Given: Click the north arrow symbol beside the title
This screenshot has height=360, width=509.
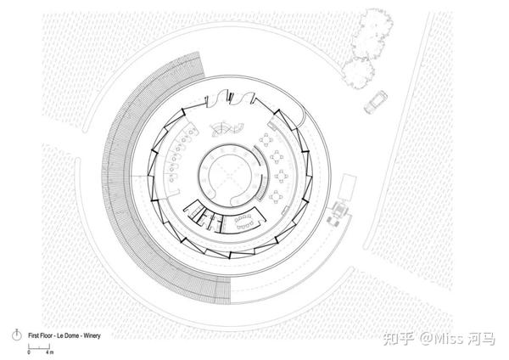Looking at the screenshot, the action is tap(17, 335).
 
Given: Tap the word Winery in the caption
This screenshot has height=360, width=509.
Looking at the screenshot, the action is tap(92, 335).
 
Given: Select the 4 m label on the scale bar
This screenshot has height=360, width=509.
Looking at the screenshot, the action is tap(50, 352).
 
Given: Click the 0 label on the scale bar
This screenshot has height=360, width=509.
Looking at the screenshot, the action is tap(29, 352).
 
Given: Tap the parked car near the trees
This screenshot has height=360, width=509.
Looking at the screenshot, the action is tap(376, 103).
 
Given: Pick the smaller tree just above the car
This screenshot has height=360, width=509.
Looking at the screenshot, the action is tap(358, 73).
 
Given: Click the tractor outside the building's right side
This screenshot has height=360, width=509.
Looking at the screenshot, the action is tap(338, 212).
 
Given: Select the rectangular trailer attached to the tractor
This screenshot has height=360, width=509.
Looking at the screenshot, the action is tap(347, 188).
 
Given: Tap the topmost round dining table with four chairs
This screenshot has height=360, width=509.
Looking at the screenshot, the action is tap(266, 140).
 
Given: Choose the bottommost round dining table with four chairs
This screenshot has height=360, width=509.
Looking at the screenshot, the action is tap(276, 197).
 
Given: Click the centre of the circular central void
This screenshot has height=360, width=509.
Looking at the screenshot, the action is tap(230, 176).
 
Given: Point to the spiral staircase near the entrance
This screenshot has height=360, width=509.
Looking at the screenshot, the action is tap(227, 129).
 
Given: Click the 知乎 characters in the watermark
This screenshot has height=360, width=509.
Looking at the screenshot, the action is tap(398, 339).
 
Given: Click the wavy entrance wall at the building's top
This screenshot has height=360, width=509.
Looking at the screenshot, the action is tap(230, 98).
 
